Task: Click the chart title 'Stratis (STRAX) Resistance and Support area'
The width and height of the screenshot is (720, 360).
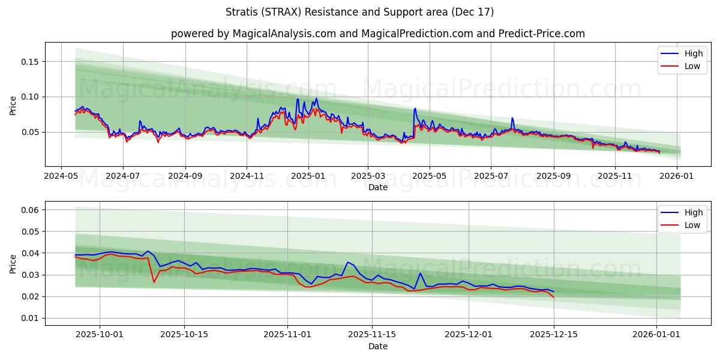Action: point(359,12)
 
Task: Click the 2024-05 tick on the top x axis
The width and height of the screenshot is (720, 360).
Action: point(61,177)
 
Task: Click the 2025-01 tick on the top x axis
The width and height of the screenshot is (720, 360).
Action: point(308,177)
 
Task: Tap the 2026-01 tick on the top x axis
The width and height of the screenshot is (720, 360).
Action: point(677,177)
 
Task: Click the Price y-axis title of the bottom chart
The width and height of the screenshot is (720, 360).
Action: point(13,263)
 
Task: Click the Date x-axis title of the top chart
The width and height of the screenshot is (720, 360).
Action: point(377,187)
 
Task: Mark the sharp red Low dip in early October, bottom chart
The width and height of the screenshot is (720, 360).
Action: point(154,281)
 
